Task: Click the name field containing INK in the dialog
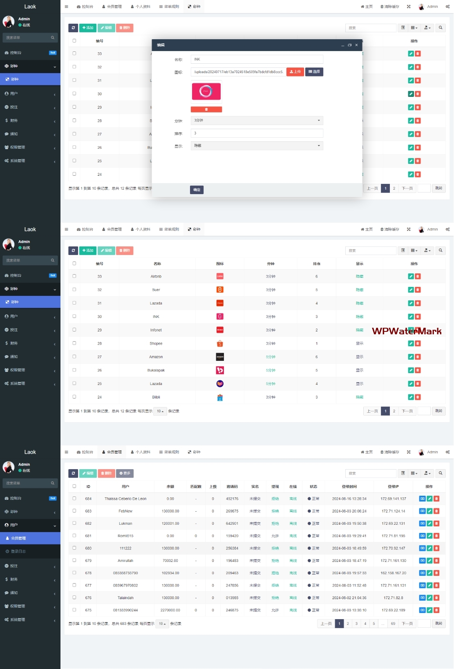257,59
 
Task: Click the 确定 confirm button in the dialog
197,190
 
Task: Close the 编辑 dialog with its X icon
356,45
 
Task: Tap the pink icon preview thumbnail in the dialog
206,91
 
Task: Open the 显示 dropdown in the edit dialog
257,146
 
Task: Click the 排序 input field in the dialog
257,133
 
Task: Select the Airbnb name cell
156,277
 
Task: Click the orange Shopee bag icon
220,344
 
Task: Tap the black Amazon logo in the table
220,357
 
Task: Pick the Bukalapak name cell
156,370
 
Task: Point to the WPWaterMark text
407,331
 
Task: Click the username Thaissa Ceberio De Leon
125,499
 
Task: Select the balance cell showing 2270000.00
170,610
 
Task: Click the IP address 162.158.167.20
393,573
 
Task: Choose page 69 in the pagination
393,624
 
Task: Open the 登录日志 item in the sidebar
18,551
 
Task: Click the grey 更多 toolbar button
125,473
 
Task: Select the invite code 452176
232,499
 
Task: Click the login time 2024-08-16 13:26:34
349,499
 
